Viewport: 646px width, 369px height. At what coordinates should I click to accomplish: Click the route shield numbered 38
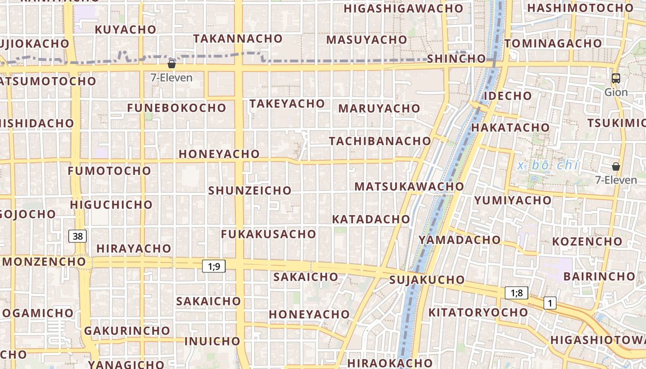click(78, 236)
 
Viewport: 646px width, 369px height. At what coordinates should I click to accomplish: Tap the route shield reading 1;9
click(214, 266)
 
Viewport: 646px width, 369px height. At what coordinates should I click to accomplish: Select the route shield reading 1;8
click(516, 292)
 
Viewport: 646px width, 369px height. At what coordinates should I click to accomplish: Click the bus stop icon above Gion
click(616, 78)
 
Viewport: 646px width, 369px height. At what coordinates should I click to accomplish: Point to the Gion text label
click(616, 92)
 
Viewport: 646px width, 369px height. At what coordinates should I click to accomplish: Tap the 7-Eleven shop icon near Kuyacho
click(172, 64)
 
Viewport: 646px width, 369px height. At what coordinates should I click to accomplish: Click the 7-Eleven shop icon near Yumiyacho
click(616, 167)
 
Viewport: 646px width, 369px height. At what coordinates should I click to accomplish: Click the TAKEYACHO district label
click(287, 104)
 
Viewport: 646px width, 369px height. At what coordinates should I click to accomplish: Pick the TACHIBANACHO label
click(380, 141)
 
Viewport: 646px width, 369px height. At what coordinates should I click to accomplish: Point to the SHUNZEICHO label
click(250, 190)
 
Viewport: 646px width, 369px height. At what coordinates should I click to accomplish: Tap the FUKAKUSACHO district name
click(269, 234)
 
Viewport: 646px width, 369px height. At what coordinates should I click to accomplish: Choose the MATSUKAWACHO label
click(409, 186)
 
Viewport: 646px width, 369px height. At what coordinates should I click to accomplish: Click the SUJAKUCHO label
click(427, 280)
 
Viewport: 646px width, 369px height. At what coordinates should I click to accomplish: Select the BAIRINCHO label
click(599, 276)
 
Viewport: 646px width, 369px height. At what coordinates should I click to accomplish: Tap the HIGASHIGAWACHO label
click(403, 8)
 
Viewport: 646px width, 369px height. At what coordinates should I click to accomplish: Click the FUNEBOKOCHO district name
click(177, 108)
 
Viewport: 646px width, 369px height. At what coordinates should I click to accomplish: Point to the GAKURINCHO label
click(127, 331)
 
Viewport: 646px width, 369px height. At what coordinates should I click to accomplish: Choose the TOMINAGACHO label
click(553, 43)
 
